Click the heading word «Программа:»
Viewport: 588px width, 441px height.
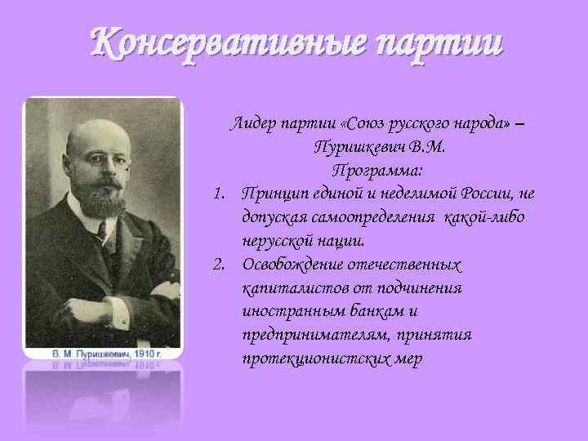(x=377, y=171)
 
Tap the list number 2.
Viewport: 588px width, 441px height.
(x=218, y=265)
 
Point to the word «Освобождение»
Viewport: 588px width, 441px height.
(x=297, y=265)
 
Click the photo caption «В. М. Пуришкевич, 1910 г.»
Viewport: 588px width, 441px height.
(x=103, y=353)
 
